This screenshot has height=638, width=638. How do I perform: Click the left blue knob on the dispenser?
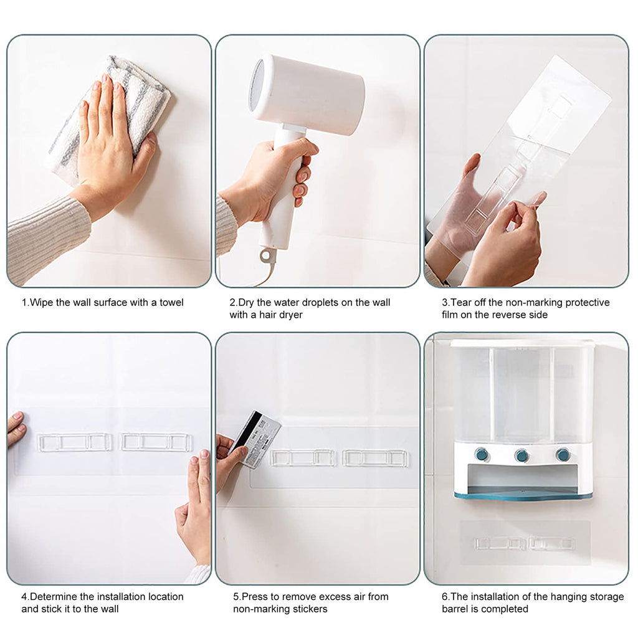482,454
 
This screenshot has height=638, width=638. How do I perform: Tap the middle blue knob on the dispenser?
521,455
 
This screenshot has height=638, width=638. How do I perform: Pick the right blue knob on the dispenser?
563,454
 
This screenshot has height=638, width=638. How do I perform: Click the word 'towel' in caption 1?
171,302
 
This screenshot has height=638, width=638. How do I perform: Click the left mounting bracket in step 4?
75,442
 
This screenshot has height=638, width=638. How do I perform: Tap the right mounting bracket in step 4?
156,442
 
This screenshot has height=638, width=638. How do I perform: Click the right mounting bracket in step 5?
375,458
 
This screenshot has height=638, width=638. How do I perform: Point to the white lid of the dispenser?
523,344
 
